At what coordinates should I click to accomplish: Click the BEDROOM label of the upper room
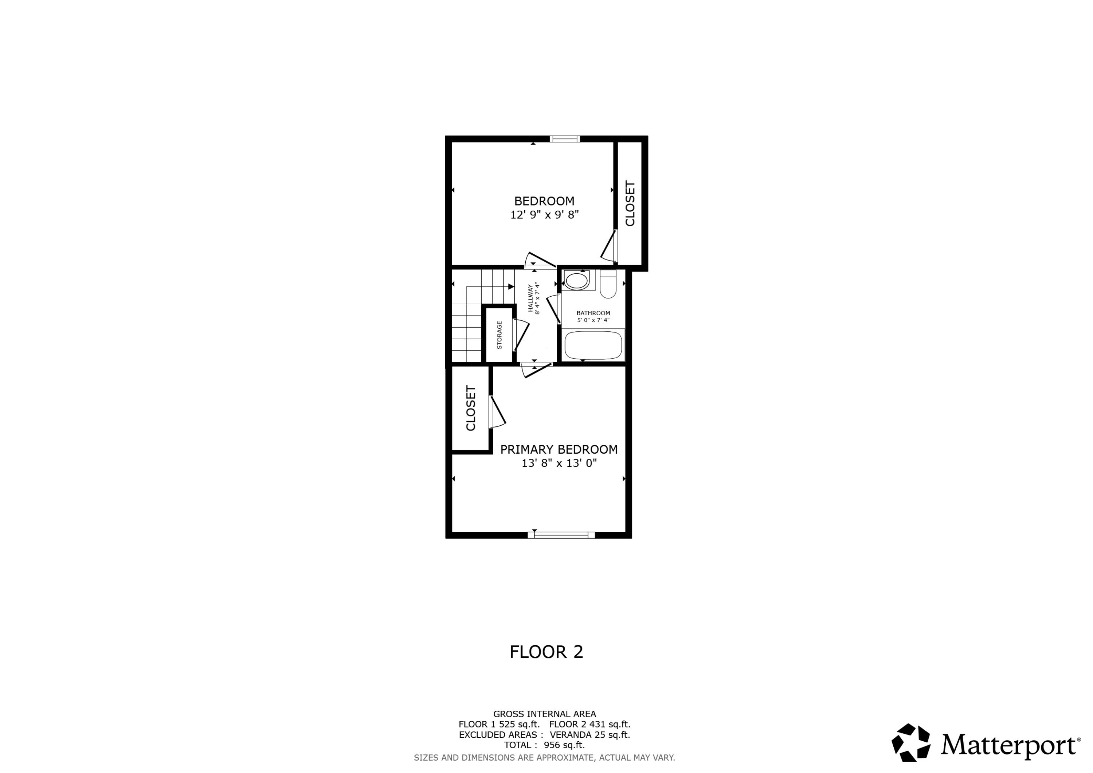click(x=544, y=201)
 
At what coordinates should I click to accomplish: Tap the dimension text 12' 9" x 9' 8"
click(x=544, y=215)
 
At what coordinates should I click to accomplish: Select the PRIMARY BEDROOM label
click(x=559, y=449)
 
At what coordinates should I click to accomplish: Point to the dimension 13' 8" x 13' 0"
click(x=559, y=463)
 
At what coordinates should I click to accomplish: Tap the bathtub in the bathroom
click(x=593, y=345)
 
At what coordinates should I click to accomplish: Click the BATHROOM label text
click(x=593, y=313)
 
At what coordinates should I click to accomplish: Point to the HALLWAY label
click(x=530, y=298)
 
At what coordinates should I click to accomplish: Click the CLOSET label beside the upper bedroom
click(x=630, y=203)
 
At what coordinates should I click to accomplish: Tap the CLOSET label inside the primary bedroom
click(x=471, y=408)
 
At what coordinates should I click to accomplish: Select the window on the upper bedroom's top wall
click(x=565, y=139)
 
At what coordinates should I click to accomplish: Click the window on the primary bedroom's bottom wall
click(x=561, y=535)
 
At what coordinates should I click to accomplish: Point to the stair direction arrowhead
click(x=511, y=287)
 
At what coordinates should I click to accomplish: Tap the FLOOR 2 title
click(x=546, y=652)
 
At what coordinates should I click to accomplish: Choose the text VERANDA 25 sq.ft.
click(x=590, y=735)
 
